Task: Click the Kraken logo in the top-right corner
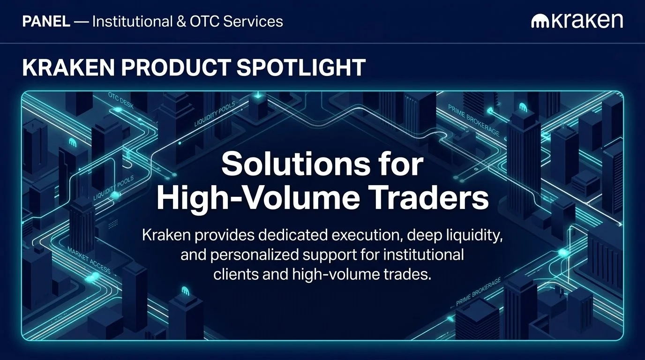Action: [x=577, y=21]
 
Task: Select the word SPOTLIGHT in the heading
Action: [x=301, y=68]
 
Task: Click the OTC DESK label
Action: [x=121, y=101]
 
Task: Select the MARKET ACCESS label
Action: [x=89, y=260]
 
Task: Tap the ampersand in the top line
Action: [x=181, y=22]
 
